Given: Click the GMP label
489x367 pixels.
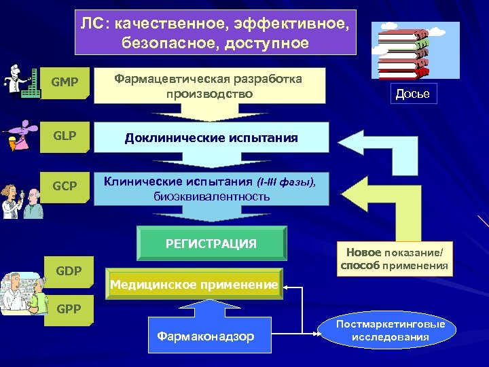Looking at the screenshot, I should pos(65,83).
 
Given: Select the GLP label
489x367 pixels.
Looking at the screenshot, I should pos(65,135).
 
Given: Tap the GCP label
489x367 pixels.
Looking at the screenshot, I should pos(65,186).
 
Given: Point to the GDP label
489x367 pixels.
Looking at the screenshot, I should pos(69,271).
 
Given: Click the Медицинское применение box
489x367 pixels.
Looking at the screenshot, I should pos(194,285).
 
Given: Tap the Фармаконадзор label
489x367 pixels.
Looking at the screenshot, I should pos(205,336).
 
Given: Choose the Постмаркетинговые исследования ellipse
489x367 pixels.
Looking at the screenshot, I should pos(391,330).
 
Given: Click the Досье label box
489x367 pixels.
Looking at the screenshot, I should pos(413,94).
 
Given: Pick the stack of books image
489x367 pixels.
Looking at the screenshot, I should pos(406,52).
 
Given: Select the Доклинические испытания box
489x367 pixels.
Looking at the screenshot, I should pos(211,138).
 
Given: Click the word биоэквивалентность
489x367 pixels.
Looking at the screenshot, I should pos(211,196).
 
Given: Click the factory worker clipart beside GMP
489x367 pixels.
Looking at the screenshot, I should pos(20,83).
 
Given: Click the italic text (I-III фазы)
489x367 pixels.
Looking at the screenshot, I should pos(285,182).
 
